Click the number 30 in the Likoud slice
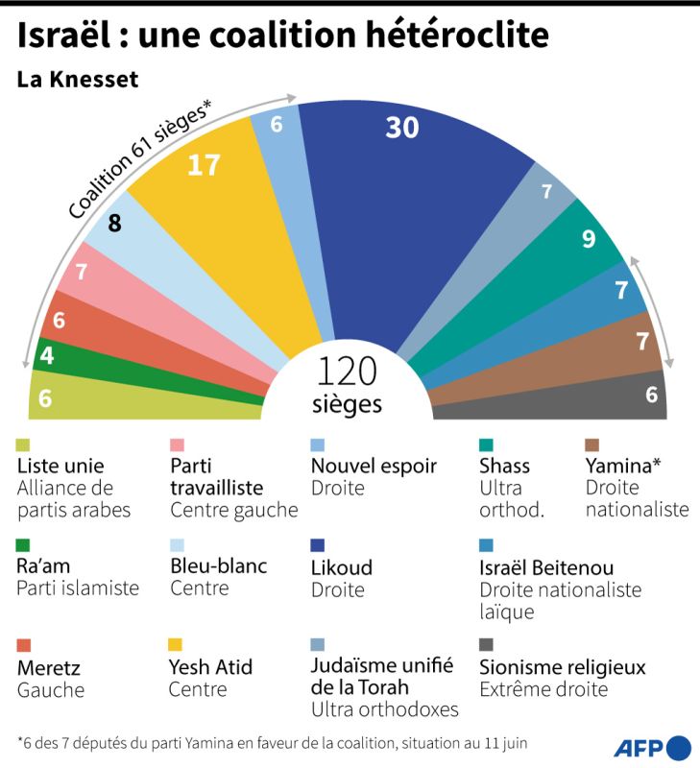[402, 127]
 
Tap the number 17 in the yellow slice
[204, 165]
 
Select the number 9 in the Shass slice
[588, 238]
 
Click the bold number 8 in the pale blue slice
[114, 224]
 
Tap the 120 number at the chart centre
[347, 370]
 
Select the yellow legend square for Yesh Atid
[177, 644]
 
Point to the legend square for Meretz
[24, 644]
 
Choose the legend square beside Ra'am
[24, 545]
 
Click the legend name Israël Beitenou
[546, 567]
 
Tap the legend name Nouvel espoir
[374, 466]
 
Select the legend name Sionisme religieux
[562, 666]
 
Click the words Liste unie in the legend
[60, 466]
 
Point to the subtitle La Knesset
[78, 80]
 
